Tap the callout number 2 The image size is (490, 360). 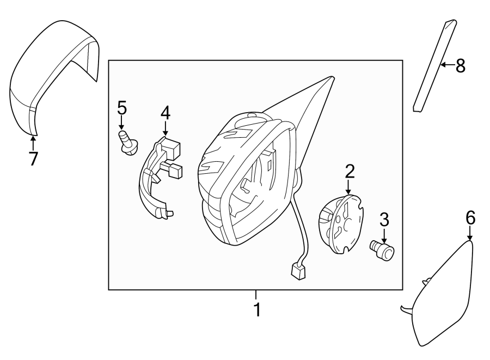point(350,171)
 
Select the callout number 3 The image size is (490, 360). point(384,221)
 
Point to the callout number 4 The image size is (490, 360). point(166,113)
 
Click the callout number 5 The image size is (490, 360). point(121,108)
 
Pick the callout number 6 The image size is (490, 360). point(470,218)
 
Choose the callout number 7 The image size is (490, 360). point(33,158)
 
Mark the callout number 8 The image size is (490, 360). point(460,66)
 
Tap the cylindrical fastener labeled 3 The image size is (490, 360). point(383,250)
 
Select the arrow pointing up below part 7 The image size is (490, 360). point(33,143)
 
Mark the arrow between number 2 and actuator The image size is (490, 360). point(350,187)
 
